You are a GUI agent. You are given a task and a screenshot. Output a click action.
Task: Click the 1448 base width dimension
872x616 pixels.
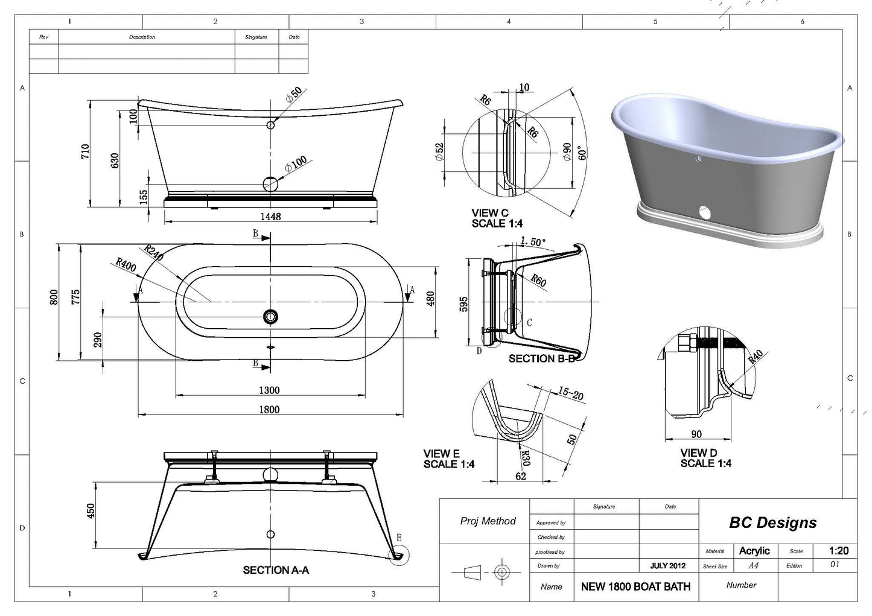tap(270, 216)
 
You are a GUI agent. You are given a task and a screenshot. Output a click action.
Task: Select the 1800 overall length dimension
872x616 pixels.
tap(269, 409)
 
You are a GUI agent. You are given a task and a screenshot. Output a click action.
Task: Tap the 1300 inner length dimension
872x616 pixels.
tap(269, 390)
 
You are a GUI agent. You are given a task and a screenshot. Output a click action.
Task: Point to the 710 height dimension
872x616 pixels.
tap(85, 151)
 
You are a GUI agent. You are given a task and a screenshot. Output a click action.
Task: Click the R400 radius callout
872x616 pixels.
tap(126, 265)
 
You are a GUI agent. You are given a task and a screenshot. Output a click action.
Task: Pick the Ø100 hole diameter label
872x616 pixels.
tap(296, 165)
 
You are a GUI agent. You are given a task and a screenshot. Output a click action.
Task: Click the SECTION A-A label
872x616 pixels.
tap(276, 570)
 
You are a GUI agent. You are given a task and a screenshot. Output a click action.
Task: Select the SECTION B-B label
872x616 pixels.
tap(541, 358)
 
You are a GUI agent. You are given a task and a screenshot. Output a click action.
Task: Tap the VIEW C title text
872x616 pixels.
tap(490, 213)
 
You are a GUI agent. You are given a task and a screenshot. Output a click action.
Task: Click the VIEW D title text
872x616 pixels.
tap(699, 452)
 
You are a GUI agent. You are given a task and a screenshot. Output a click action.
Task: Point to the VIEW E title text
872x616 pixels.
tap(441, 454)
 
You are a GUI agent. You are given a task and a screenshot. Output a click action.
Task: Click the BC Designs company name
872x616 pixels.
tap(772, 522)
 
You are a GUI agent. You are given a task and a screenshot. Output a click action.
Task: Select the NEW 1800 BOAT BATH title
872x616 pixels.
tap(635, 586)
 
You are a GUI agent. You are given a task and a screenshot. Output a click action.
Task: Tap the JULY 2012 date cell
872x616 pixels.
tap(667, 566)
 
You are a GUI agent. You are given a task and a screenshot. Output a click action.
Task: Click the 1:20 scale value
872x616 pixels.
tap(838, 550)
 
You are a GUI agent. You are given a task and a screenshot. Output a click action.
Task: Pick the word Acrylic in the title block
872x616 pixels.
tap(754, 550)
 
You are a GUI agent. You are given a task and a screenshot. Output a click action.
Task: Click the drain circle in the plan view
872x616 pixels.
tap(270, 316)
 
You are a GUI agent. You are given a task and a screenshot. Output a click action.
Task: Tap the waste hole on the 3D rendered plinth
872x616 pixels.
tap(704, 212)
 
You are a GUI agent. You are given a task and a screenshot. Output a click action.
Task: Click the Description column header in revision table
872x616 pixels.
tap(142, 37)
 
